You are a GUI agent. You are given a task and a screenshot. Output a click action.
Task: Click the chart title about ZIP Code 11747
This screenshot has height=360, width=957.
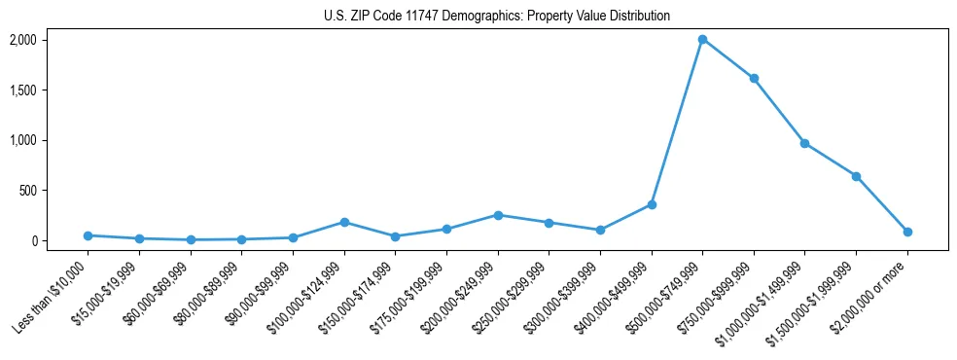point(497,17)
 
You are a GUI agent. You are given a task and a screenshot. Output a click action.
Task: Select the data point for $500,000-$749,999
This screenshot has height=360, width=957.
point(702,40)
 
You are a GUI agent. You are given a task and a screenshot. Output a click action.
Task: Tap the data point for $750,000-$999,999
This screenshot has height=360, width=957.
point(754,78)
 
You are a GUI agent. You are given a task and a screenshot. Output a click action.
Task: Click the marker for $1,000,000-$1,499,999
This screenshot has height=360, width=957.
point(804,143)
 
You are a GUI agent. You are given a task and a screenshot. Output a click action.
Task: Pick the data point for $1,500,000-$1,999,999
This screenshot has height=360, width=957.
point(856,176)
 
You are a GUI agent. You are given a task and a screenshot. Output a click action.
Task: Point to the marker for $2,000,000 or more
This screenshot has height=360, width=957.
point(907,232)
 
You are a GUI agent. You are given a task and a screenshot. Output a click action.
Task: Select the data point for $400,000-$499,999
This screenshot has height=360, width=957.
point(652,204)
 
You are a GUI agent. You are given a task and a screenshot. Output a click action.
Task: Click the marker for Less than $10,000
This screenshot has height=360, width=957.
point(89,235)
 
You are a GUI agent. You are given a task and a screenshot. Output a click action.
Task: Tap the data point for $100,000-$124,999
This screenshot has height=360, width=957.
point(344,222)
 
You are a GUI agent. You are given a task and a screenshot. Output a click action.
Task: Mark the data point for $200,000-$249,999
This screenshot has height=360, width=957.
point(498,215)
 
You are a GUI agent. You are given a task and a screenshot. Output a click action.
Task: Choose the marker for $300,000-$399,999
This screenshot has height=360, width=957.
point(600,230)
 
